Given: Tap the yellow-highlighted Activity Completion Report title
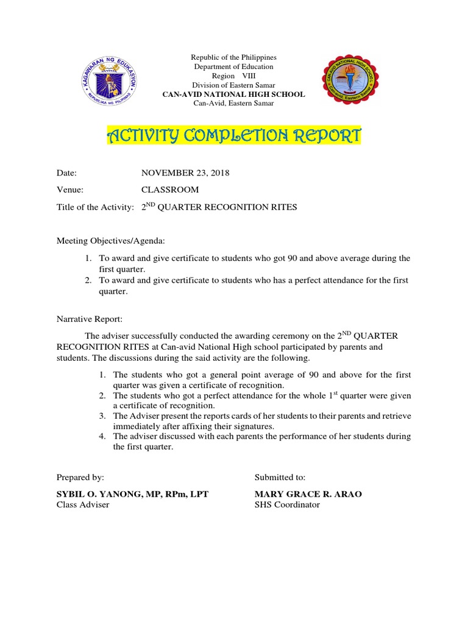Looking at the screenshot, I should tap(233, 135).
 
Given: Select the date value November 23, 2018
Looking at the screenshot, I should tap(185, 174).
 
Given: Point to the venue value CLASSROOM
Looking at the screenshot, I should tap(170, 190).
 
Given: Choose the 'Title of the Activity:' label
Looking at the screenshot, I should tap(95, 207).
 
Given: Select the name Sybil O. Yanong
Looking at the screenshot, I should tap(132, 494).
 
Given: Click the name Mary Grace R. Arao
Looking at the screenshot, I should tap(308, 494).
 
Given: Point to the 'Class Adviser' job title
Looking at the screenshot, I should tap(83, 505).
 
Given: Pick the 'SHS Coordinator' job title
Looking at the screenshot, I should tap(286, 505).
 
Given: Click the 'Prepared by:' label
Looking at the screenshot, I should tap(80, 477).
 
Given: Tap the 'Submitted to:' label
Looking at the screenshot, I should tap(280, 477).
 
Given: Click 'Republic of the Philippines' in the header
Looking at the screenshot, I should tap(233, 57).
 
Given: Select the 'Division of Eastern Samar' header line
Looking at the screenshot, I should tap(233, 85).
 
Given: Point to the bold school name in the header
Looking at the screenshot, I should tap(233, 94).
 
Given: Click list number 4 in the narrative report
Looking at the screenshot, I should tap(103, 436).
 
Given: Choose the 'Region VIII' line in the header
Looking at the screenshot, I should tap(233, 76).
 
